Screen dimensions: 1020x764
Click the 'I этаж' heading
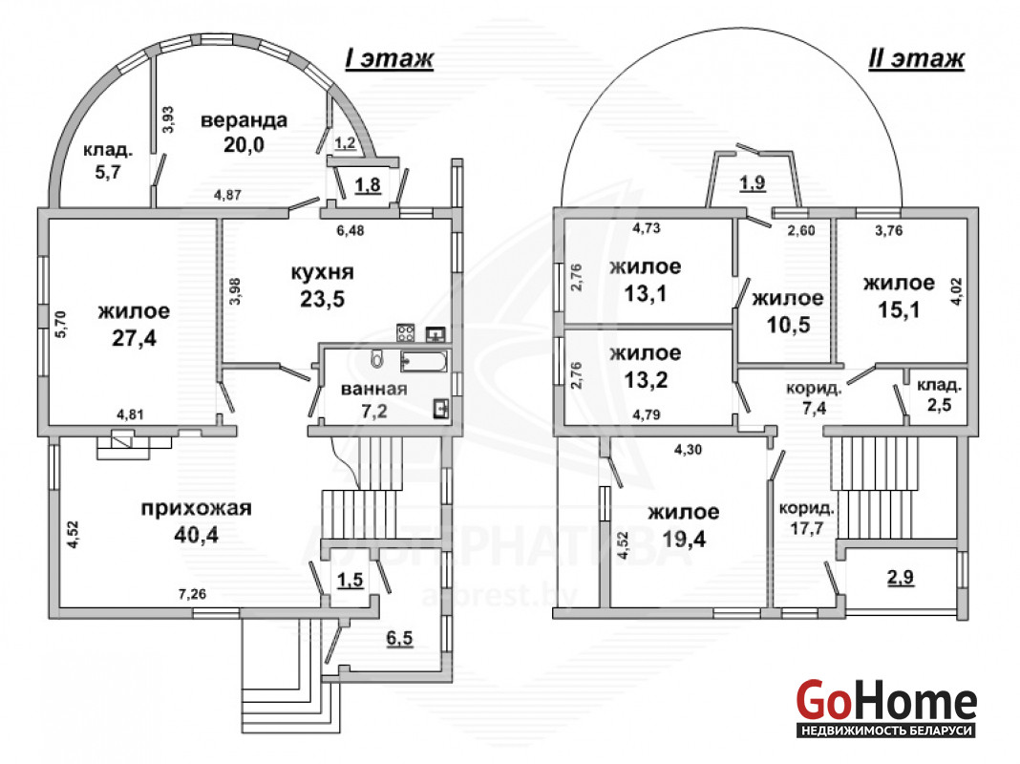click(389, 58)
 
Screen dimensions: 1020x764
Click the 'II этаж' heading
click(916, 58)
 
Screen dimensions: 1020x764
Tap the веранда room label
click(244, 121)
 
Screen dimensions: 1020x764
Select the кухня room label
click(322, 272)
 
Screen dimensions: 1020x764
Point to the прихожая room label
click(196, 508)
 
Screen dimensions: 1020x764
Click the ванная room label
click(374, 390)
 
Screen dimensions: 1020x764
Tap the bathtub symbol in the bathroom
click(424, 362)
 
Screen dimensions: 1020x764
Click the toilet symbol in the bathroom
click(376, 358)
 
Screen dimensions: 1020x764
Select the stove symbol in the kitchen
click(407, 333)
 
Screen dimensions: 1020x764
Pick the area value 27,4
click(134, 338)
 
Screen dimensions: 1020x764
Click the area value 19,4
click(684, 539)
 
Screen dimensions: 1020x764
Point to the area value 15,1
click(899, 310)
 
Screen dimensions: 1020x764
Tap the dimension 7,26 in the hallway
click(192, 594)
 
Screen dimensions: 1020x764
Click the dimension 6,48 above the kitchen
click(350, 230)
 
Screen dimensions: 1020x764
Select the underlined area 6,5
click(399, 639)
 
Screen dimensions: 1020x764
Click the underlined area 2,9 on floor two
click(901, 577)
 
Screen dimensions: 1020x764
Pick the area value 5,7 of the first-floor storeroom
click(107, 173)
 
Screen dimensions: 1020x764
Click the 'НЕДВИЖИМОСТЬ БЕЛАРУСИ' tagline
click(886, 731)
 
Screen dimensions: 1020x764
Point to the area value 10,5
click(788, 325)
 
